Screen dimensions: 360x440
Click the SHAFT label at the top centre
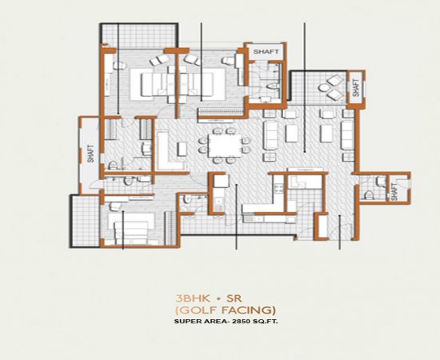coord(266,52)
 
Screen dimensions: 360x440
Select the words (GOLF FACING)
coord(226,309)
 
